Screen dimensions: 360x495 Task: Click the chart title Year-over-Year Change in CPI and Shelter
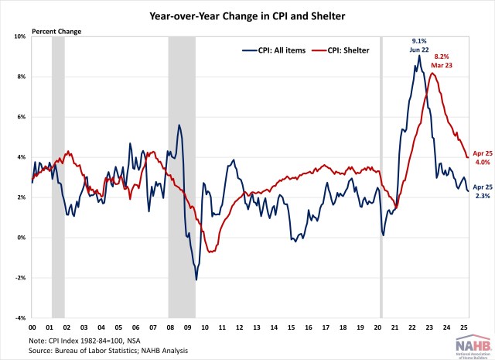pyautogui.click(x=247, y=14)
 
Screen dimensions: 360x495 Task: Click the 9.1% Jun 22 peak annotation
pyautogui.click(x=420, y=44)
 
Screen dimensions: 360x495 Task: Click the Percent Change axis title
pyautogui.click(x=56, y=31)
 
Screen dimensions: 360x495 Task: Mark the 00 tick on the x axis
pyautogui.click(x=32, y=327)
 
